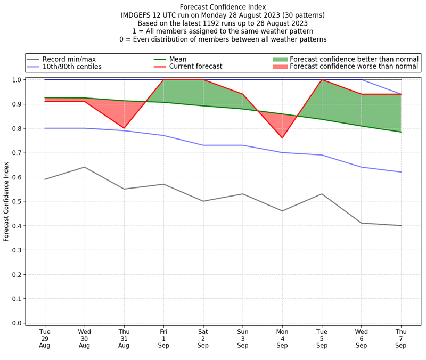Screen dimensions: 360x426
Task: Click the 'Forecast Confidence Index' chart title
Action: click(223, 7)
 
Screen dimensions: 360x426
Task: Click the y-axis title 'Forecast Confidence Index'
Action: click(7, 201)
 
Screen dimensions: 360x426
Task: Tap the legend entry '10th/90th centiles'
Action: click(72, 67)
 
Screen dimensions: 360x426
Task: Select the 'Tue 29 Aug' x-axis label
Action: click(45, 338)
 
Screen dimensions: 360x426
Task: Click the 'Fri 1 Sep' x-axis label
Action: click(163, 338)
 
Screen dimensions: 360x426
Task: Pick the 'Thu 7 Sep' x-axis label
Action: click(401, 338)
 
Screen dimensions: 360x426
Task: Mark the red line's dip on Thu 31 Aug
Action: click(124, 128)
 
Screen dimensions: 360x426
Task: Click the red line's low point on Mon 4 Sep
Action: click(282, 138)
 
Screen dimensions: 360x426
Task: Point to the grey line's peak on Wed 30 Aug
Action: click(84, 167)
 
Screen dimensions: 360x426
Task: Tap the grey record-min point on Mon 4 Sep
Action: click(282, 211)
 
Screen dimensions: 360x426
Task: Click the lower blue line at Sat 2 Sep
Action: click(203, 145)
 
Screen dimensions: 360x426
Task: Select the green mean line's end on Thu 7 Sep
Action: click(401, 132)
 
